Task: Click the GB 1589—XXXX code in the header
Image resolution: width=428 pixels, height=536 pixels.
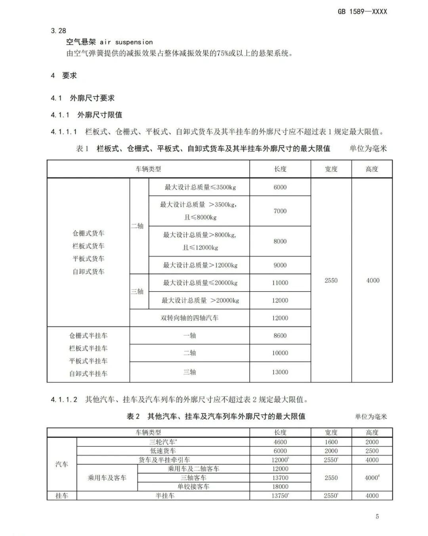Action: (362, 12)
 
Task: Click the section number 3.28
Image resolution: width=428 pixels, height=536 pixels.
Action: (58, 31)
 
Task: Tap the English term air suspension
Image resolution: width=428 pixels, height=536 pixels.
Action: (126, 42)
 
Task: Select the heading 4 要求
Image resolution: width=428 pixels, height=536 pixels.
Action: (64, 75)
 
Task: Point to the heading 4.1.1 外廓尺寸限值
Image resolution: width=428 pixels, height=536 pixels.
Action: (86, 115)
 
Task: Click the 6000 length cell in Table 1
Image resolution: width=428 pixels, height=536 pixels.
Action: (280, 187)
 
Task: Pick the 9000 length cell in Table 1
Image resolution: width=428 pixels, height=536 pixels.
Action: (280, 265)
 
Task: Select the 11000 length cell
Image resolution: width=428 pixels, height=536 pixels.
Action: (280, 283)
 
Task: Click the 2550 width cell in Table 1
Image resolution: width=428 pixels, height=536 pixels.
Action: (331, 280)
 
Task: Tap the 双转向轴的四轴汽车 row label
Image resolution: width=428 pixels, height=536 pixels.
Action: (189, 318)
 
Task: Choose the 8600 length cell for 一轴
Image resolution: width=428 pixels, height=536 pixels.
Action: (280, 336)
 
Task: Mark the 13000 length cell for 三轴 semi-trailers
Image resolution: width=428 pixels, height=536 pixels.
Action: (280, 372)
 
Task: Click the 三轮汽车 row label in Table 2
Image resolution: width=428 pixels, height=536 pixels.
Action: (163, 442)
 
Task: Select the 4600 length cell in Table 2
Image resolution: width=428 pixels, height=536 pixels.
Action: (280, 442)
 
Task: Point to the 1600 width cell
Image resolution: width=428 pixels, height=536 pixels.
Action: (331, 442)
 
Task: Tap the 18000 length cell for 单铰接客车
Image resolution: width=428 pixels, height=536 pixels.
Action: (280, 487)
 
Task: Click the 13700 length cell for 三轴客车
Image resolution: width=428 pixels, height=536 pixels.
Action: (280, 478)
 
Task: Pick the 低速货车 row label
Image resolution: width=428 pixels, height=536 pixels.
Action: (163, 451)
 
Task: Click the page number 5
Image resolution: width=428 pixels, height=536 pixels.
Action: (377, 516)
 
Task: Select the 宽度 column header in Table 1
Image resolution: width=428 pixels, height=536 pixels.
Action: (331, 169)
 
